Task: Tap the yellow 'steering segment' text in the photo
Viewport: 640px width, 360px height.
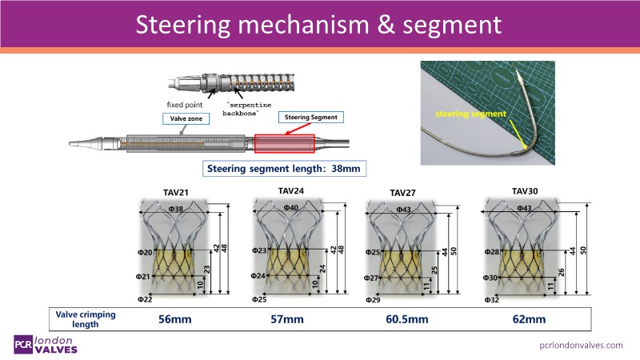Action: pos(471,114)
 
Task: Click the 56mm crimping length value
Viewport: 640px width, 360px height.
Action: pos(174,319)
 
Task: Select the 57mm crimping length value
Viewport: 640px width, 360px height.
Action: pos(287,319)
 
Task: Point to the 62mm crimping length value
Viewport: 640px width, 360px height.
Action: pos(529,319)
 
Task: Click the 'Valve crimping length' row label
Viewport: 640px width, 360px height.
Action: pos(86,319)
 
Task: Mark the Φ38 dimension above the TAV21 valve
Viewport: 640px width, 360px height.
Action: pos(177,208)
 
